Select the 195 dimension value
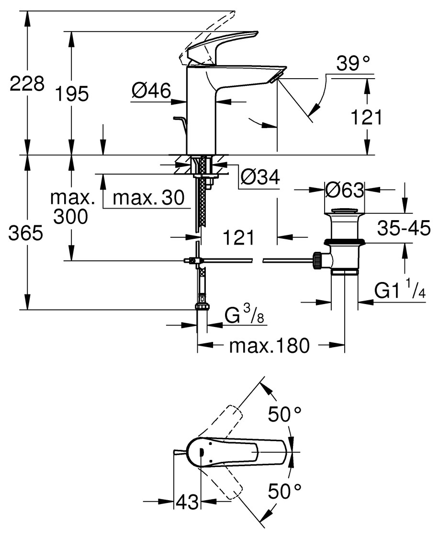coord(71,94)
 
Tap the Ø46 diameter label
coord(151,90)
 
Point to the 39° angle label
coord(353,64)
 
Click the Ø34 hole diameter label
coord(260,178)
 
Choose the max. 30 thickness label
coord(148,198)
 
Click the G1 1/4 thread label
coord(400,290)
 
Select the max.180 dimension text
coord(269,345)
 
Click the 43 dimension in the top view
coord(187,502)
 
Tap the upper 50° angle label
coord(284,414)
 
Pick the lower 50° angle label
coord(284,491)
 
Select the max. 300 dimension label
coord(71,207)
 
